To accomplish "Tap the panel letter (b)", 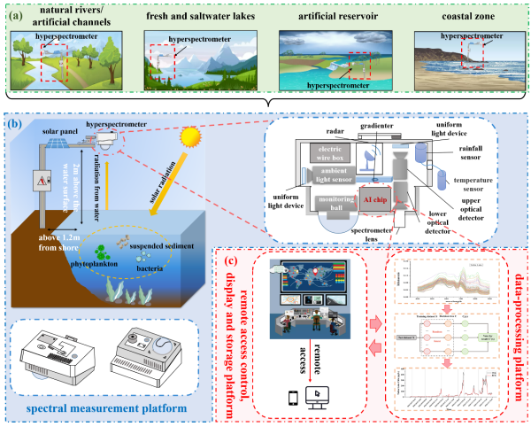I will coord(15,123).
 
